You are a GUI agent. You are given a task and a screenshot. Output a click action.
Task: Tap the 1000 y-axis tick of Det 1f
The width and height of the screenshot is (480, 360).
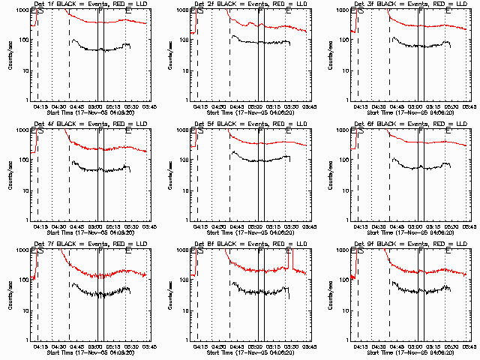click(x=22, y=10)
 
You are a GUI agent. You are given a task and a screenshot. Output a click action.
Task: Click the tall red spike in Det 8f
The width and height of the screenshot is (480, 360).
click(x=289, y=259)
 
